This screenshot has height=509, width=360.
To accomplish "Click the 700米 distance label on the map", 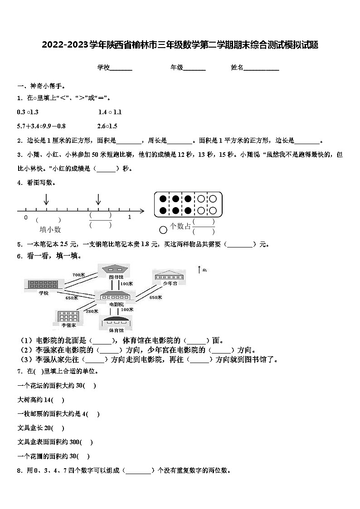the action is point(78,275).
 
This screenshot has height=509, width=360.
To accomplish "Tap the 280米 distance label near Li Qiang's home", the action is point(92,311).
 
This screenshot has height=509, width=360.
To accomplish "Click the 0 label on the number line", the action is point(26,218).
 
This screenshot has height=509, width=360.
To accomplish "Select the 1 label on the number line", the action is point(129,218).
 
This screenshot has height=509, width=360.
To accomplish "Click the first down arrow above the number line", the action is point(46,199).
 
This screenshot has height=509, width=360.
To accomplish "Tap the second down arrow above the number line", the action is point(98,199).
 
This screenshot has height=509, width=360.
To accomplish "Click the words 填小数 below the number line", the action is point(50,230).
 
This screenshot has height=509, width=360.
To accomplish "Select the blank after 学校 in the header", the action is point(121,68).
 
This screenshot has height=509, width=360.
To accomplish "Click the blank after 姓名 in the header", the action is point(262,68).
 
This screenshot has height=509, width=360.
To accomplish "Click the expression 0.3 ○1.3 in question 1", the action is point(28,112).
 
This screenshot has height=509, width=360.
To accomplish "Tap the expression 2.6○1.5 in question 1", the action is point(107,126).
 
